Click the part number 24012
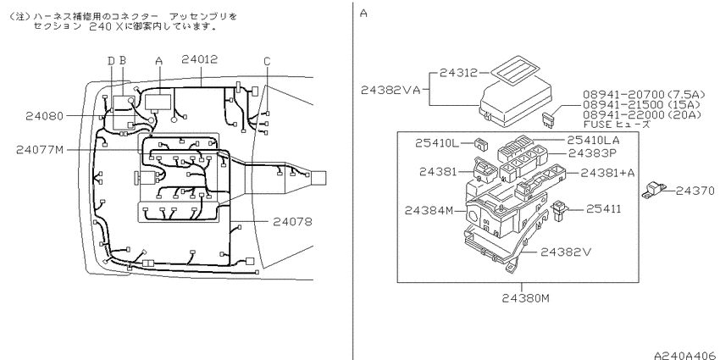[x=199, y=59]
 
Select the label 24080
[x=44, y=116]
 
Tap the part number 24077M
[x=40, y=150]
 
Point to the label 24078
[x=292, y=222]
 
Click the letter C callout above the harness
[x=267, y=61]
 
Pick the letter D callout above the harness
[x=111, y=61]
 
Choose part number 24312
[x=458, y=73]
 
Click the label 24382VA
[x=390, y=90]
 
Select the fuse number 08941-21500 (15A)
[x=641, y=105]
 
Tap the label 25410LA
[x=593, y=140]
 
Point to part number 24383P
[x=591, y=153]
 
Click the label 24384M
[x=429, y=211]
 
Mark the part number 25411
[x=603, y=209]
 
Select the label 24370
[x=695, y=191]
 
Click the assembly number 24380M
[x=525, y=298]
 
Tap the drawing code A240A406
[x=684, y=355]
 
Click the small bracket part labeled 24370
[x=654, y=190]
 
